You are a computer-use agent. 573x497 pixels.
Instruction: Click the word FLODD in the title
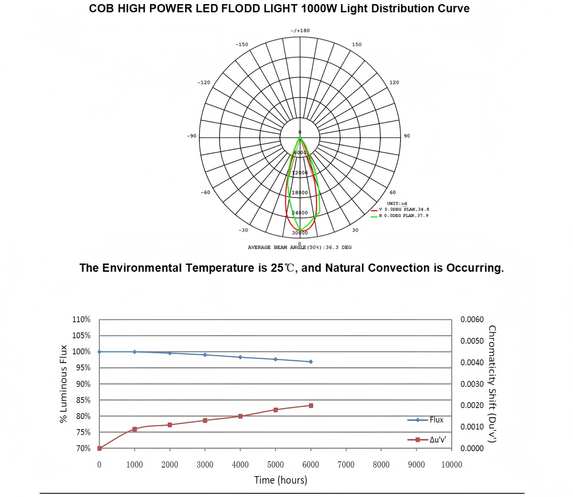coord(237,9)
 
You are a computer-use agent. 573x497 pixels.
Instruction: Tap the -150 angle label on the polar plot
coord(242,45)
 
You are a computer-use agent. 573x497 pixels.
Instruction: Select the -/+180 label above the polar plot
coord(300,31)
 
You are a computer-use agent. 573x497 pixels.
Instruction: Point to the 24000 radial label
coord(300,213)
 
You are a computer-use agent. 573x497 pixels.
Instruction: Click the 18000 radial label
coord(300,193)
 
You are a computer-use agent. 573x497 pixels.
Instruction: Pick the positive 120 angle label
coord(394,83)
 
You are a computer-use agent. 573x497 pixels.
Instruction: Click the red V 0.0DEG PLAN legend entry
coord(403,209)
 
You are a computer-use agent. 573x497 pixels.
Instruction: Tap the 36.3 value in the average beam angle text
coord(332,247)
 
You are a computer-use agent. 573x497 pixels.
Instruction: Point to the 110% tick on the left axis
coord(81,320)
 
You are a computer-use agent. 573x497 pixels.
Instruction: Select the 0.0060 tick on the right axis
coord(472,320)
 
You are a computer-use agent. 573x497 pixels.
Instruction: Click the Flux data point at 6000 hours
coord(311,362)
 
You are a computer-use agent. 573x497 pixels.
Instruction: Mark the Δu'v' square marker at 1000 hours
coord(134,429)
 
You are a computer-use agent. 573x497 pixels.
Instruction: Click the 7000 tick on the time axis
coord(346,465)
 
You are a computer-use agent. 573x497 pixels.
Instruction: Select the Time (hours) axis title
coord(281,480)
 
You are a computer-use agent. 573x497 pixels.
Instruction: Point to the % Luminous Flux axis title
coord(63,384)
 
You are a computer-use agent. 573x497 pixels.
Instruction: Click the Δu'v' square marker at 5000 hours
coord(275,410)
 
